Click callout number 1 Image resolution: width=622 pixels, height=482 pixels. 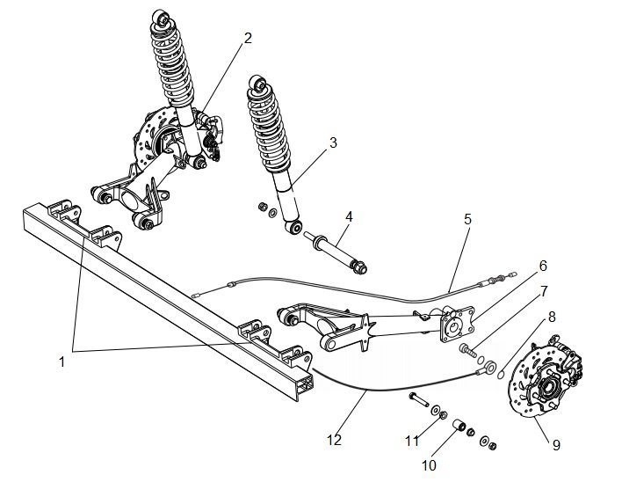[x=61, y=361]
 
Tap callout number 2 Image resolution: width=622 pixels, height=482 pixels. [x=248, y=38]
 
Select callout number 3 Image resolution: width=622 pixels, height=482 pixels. [x=333, y=143]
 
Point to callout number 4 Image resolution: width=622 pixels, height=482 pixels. [x=349, y=216]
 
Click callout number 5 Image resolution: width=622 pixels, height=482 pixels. [x=467, y=219]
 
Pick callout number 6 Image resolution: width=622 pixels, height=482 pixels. [x=543, y=266]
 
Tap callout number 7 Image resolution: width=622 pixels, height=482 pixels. [x=544, y=291]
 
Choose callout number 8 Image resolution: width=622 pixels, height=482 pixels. [x=552, y=317]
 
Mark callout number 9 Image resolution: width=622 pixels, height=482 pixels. [x=556, y=445]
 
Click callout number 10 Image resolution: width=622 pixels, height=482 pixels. [x=429, y=465]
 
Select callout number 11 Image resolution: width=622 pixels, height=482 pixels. [x=412, y=441]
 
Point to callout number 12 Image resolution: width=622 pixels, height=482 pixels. [x=335, y=440]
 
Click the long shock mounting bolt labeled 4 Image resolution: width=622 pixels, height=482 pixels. [x=336, y=251]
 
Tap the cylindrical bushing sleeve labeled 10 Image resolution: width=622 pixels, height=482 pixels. [x=459, y=426]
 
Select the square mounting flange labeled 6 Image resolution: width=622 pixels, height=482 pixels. [x=456, y=324]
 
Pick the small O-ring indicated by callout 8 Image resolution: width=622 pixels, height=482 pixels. [x=501, y=375]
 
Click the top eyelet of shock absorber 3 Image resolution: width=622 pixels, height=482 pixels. [x=258, y=84]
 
